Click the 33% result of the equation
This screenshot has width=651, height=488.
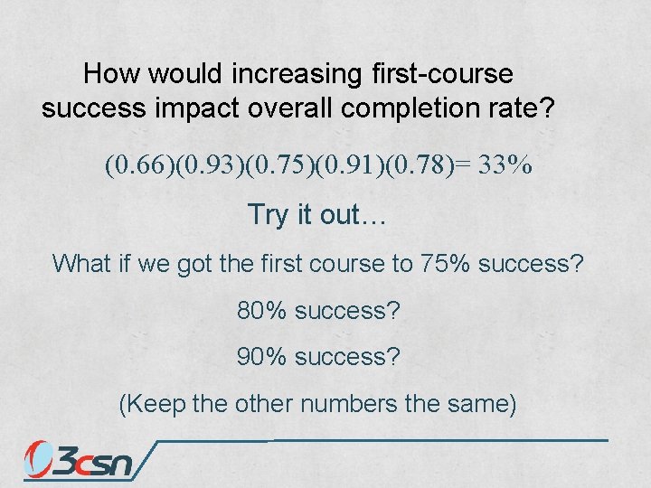click(x=505, y=166)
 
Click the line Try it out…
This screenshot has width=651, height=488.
click(x=316, y=215)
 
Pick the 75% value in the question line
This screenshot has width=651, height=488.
click(x=443, y=263)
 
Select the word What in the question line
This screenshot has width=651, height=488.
click(x=80, y=263)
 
